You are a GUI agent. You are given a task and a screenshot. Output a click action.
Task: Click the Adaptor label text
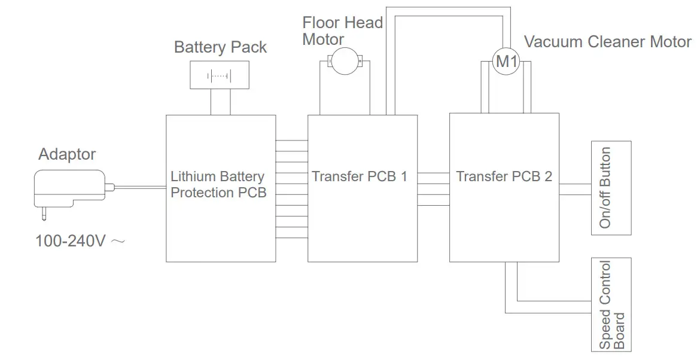pyautogui.click(x=67, y=154)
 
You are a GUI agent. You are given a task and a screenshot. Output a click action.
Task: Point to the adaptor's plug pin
pyautogui.click(x=44, y=213)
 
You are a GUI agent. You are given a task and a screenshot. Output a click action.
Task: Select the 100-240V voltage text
pyautogui.click(x=70, y=241)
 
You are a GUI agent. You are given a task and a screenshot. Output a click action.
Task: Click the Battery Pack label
pyautogui.click(x=221, y=47)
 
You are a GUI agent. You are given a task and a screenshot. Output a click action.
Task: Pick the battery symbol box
pyautogui.click(x=220, y=75)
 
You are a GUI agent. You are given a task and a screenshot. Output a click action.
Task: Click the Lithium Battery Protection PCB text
pyautogui.click(x=218, y=184)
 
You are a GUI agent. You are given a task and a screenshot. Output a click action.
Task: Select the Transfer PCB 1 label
pyautogui.click(x=359, y=176)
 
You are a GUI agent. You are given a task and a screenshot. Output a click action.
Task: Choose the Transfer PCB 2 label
pyautogui.click(x=504, y=176)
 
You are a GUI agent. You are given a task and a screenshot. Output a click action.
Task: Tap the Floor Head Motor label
pyautogui.click(x=342, y=30)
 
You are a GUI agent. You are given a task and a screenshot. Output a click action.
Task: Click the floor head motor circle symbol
pyautogui.click(x=345, y=61)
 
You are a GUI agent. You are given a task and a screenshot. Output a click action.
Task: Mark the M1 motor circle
pyautogui.click(x=506, y=62)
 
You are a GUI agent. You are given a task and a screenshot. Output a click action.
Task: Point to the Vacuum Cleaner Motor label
pyautogui.click(x=608, y=42)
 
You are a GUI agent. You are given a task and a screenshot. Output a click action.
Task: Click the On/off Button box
pyautogui.click(x=611, y=188)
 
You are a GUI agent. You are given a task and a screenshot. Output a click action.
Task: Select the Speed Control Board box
pyautogui.click(x=611, y=305)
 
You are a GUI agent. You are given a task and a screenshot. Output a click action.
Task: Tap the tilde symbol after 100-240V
pyautogui.click(x=118, y=242)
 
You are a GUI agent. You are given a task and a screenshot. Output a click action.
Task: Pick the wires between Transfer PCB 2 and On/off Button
pyautogui.click(x=575, y=190)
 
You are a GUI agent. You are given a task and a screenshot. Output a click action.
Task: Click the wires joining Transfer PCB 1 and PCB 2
pyautogui.click(x=433, y=189)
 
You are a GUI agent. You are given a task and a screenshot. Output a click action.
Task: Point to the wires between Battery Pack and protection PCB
pyautogui.click(x=221, y=102)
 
